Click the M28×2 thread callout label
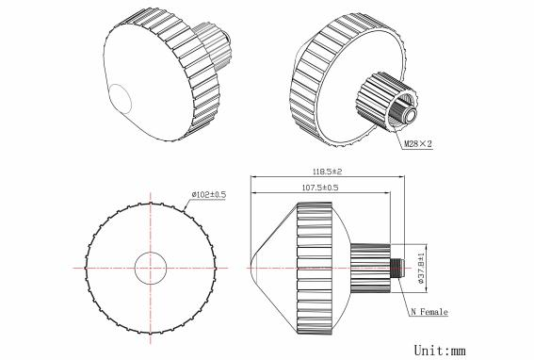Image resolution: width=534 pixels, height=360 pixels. pyautogui.click(x=418, y=144)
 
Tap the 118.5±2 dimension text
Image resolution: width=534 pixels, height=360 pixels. pyautogui.click(x=327, y=172)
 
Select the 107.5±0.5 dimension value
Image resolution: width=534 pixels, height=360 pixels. pyautogui.click(x=320, y=188)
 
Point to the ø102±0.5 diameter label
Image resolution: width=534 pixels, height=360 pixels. pyautogui.click(x=208, y=195)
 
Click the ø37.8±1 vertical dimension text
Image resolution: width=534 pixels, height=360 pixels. pyautogui.click(x=421, y=269)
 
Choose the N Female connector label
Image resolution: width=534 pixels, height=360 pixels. pyautogui.click(x=429, y=312)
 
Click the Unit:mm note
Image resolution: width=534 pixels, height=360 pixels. pyautogui.click(x=440, y=351)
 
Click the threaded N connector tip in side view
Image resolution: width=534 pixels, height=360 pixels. pyautogui.click(x=397, y=268)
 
